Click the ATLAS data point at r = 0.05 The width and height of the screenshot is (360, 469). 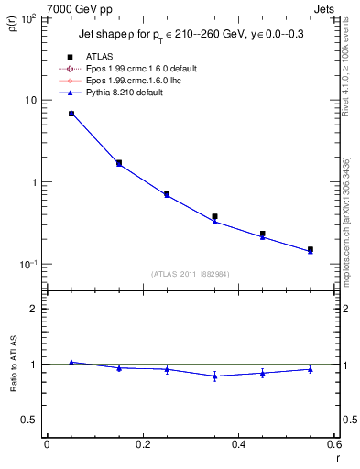coord(71,114)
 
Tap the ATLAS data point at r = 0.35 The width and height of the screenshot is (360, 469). coord(214,216)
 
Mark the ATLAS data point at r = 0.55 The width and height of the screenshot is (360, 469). coord(311,249)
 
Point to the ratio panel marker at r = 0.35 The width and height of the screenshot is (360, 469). coord(214,376)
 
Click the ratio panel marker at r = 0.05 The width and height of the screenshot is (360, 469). coord(71,363)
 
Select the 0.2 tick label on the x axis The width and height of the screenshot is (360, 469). coord(142,444)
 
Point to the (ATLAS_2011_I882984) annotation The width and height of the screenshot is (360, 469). coord(191,273)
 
